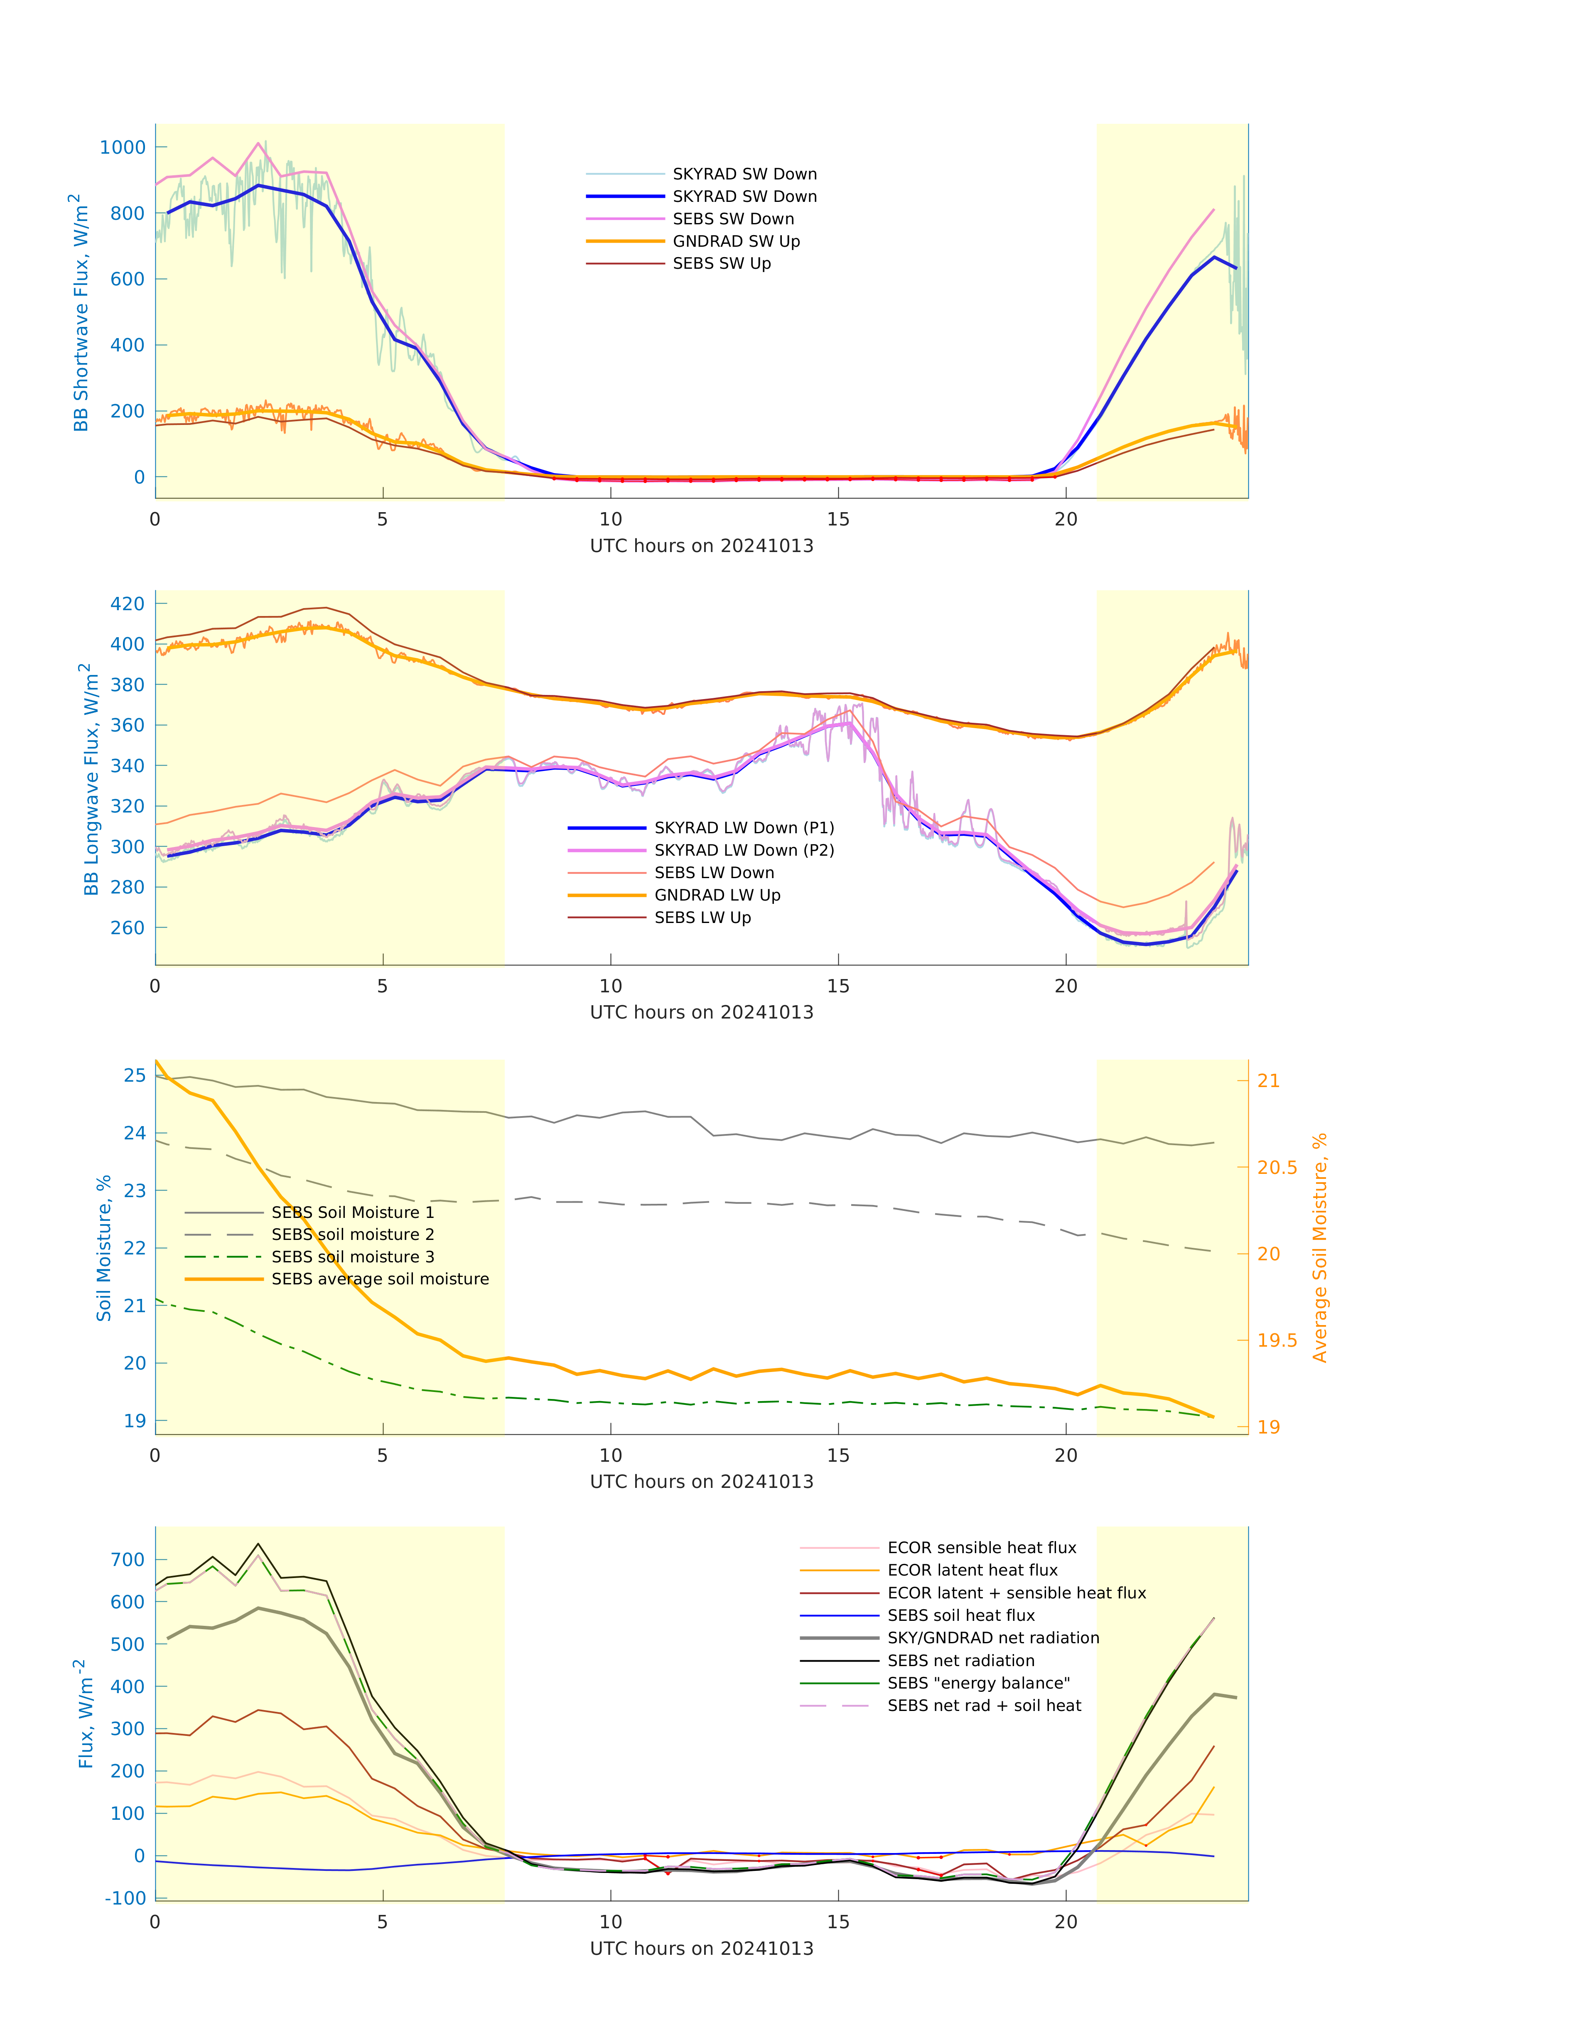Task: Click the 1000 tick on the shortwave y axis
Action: coord(123,147)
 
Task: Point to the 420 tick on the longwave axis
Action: coord(128,604)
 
